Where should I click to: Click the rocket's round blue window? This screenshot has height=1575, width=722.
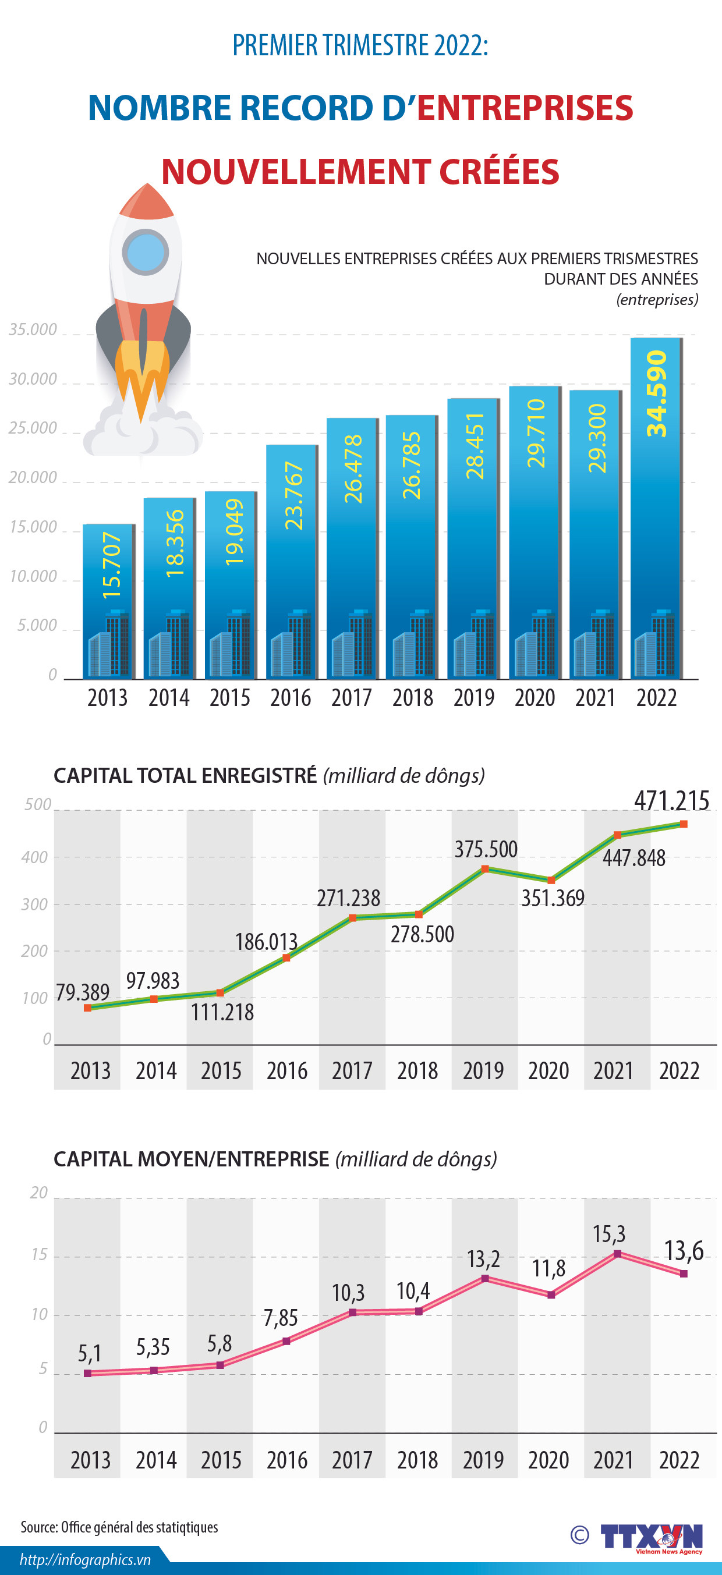pos(145,252)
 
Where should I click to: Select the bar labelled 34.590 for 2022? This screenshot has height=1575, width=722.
pos(656,508)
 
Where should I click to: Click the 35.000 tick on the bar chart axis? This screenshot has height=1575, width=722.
pos(33,329)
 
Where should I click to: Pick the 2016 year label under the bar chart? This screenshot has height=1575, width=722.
pos(291,698)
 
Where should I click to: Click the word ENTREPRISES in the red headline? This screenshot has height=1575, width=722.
pos(525,108)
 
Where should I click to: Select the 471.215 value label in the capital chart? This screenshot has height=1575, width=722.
pos(671,801)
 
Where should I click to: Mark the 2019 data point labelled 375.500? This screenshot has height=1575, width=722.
pos(484,869)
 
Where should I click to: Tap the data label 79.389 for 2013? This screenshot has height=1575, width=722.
pos(83,992)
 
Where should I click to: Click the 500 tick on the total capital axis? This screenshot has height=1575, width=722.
pos(38,804)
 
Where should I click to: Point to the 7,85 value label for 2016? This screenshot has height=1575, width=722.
pos(280,1318)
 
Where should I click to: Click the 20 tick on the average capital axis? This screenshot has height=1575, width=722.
pos(38,1192)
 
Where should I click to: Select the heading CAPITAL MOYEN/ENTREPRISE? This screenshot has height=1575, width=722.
pos(192,1159)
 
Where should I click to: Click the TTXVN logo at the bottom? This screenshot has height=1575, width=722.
pos(650,1537)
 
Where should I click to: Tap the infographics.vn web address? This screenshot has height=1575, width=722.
pos(85,1560)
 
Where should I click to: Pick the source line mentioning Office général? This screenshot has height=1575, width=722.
pos(119,1527)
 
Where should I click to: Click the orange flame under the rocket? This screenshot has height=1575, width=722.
pos(141,376)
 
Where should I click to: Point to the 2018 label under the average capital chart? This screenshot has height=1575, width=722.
pos(417,1460)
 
